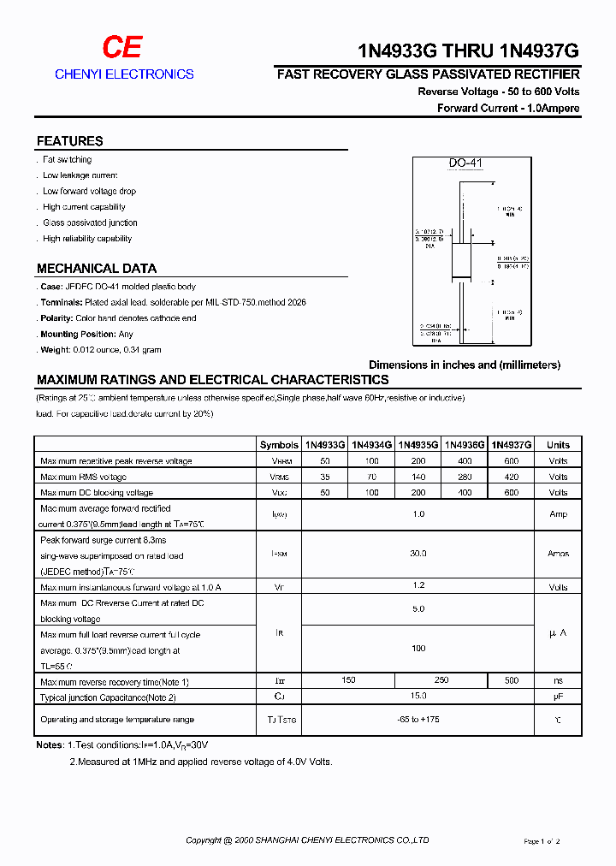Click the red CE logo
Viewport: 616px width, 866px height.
point(123,47)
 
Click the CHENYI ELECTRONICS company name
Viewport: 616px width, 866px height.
point(124,74)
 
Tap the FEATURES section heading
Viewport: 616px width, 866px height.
point(69,141)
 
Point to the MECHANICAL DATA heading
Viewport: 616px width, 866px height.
point(96,268)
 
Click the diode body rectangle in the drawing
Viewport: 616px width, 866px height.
point(463,253)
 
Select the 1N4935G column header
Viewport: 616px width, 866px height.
point(418,445)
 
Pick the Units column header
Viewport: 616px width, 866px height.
point(558,445)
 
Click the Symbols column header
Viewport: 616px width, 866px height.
point(279,445)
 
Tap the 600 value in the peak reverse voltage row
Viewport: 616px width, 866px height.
point(511,461)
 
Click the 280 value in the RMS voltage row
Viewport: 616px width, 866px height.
point(465,477)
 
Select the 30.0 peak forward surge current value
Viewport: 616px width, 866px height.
point(418,554)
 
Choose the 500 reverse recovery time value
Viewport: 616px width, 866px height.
point(511,681)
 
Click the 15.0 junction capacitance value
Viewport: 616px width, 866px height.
point(418,697)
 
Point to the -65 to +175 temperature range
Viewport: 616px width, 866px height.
point(418,720)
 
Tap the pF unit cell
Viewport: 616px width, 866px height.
point(558,697)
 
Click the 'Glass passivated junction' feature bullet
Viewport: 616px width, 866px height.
point(90,222)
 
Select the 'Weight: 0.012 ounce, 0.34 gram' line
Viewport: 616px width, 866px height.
point(101,350)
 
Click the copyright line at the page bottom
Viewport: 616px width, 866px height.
point(307,840)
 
